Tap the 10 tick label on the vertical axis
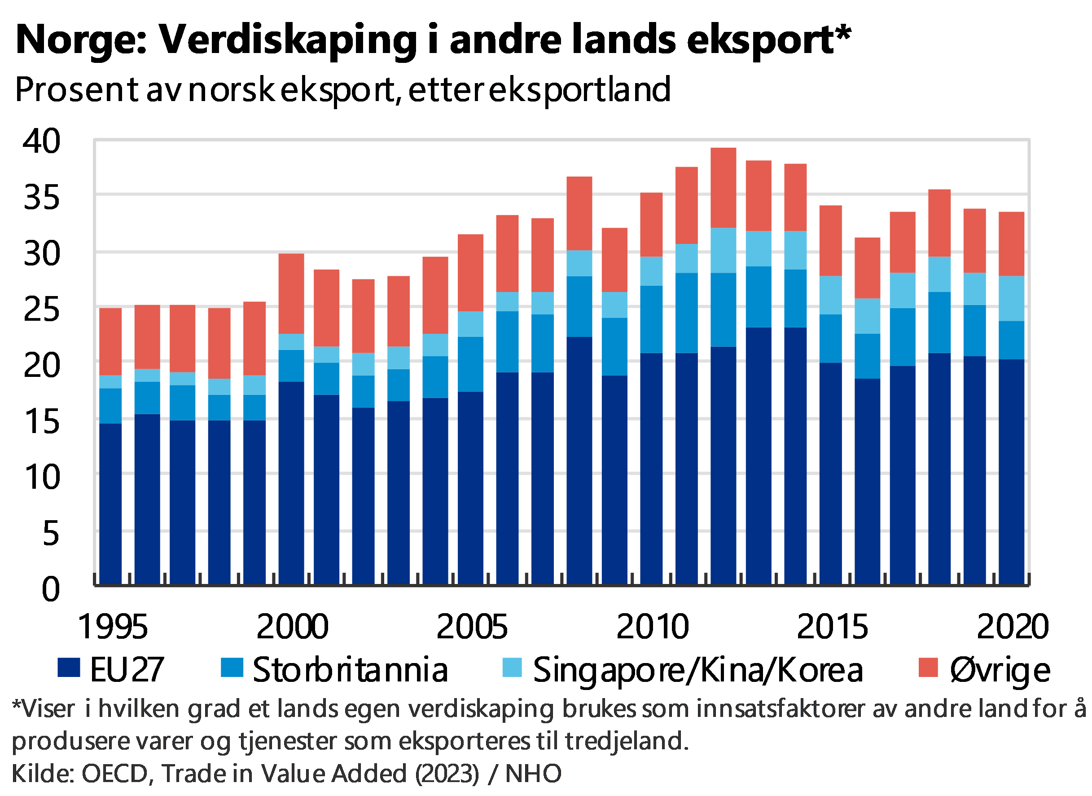coord(42,476)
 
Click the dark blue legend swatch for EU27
coord(69,668)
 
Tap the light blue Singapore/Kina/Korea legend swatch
coord(511,668)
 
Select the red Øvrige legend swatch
coord(928,668)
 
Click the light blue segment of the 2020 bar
coord(1011,298)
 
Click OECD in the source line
coord(114,774)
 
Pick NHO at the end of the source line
coord(533,774)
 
